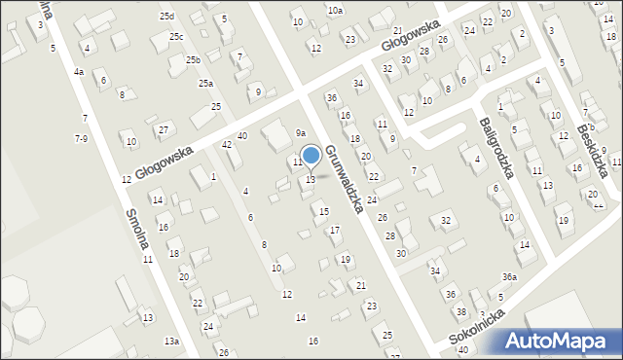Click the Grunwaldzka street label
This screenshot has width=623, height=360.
click(x=345, y=181)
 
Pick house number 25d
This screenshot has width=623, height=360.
click(x=166, y=17)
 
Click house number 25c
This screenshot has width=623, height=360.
click(x=176, y=37)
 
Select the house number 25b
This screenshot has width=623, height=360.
click(x=194, y=60)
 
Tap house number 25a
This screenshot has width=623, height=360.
click(x=205, y=84)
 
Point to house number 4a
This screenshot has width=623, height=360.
click(x=78, y=72)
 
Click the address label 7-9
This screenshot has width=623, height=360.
click(x=81, y=139)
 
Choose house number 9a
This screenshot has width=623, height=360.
click(x=301, y=132)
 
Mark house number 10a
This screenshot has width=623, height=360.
click(x=335, y=10)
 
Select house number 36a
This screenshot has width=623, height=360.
click(x=509, y=277)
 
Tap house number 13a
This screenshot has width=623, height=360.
click(x=171, y=342)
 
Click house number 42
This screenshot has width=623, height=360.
click(x=227, y=145)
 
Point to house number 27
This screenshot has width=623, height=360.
click(x=164, y=129)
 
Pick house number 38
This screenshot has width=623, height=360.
click(x=460, y=311)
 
